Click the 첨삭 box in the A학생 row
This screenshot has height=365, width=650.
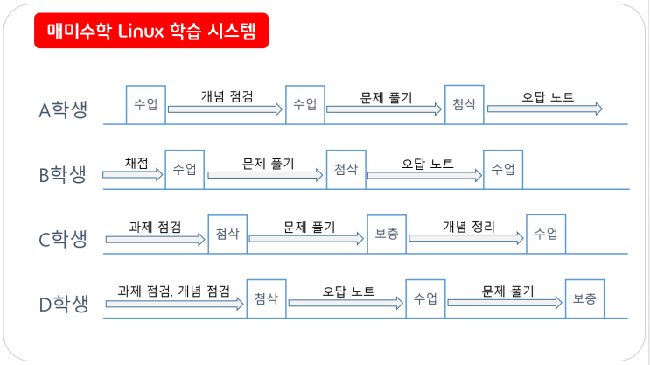click(464, 104)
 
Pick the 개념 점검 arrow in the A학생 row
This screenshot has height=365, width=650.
click(226, 109)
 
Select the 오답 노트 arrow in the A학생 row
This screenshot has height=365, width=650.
click(544, 109)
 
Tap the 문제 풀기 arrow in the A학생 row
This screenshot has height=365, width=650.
click(384, 109)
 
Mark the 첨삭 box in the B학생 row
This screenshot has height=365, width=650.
click(346, 169)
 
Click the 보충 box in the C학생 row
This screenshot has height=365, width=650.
click(386, 234)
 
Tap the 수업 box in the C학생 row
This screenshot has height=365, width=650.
click(546, 234)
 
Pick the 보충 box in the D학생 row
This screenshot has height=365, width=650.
click(584, 298)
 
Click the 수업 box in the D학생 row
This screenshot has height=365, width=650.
click(425, 298)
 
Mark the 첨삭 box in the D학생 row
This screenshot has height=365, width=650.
click(266, 298)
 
